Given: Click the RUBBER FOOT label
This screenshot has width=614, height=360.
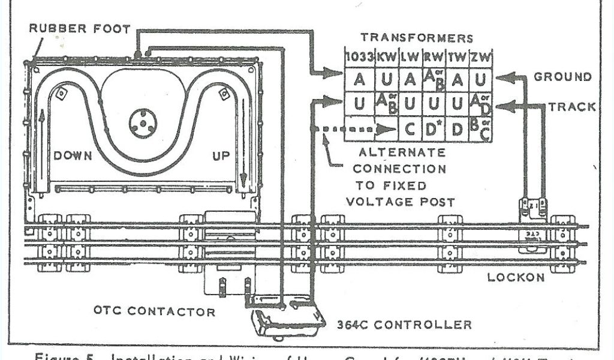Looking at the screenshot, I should [80, 29].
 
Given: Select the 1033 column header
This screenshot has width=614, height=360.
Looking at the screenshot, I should [359, 58].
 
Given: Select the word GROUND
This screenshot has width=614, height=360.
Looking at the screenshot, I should [562, 77].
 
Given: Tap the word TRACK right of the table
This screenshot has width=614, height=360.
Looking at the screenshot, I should [572, 107].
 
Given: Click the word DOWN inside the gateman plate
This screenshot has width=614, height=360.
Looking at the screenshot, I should [73, 156].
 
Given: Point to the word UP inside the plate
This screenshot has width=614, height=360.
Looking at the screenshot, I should [221, 156].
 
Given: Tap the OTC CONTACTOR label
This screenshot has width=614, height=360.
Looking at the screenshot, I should [154, 311].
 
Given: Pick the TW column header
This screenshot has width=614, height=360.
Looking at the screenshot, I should [457, 58].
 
